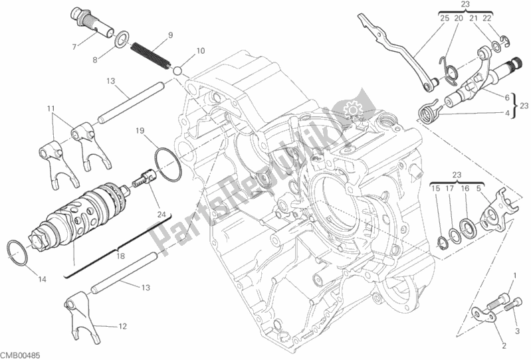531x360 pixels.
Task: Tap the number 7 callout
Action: pyautogui.click(x=74, y=46)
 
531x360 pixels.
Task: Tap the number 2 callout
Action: pyautogui.click(x=504, y=345)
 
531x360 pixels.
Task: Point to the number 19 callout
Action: pyautogui.click(x=140, y=131)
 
